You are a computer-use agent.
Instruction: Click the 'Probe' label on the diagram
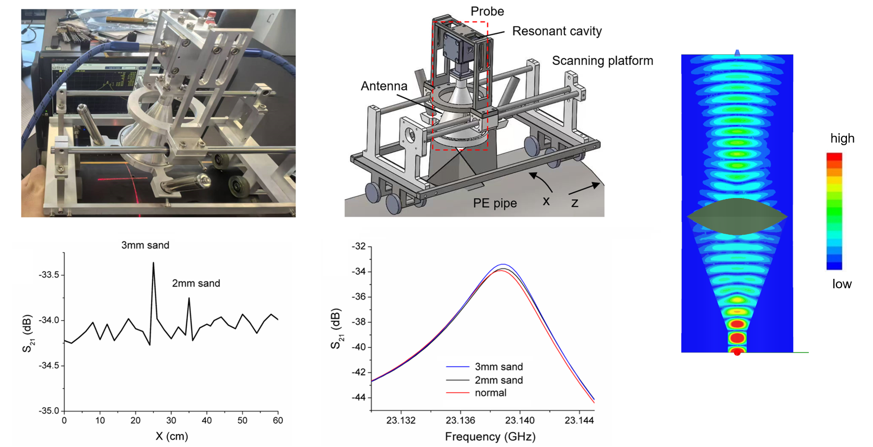point(487,11)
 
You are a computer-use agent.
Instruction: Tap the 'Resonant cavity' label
point(557,31)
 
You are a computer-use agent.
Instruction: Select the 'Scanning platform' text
point(603,61)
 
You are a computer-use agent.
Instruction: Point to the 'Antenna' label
point(384,86)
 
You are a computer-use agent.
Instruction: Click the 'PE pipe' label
point(495,203)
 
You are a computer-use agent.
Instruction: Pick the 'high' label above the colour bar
point(842,138)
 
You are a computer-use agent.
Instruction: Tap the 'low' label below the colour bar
point(842,284)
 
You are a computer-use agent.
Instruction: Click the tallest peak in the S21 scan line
point(154,263)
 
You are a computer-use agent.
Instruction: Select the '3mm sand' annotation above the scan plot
point(145,245)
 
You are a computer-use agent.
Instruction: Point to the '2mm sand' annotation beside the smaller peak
point(196,284)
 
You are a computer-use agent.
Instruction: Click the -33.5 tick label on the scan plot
point(50,275)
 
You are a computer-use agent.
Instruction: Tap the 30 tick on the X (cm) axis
point(171,420)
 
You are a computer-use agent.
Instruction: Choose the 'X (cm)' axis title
point(172,437)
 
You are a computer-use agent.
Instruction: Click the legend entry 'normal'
point(490,393)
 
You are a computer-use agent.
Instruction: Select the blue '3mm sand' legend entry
point(498,367)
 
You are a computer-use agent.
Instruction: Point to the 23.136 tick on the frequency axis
point(461,420)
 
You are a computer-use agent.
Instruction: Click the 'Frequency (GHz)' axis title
point(490,437)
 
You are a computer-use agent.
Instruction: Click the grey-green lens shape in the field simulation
point(737,216)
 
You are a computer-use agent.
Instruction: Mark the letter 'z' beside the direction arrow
point(574,203)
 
